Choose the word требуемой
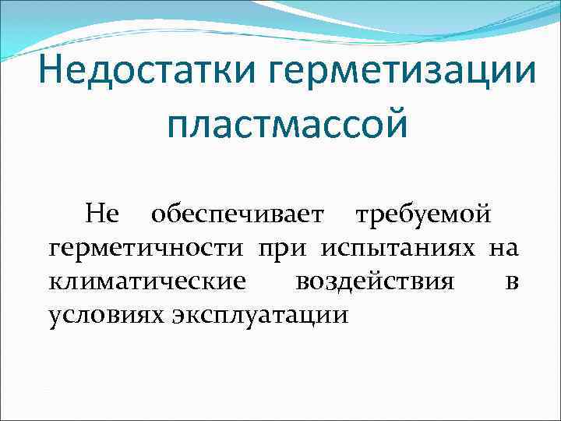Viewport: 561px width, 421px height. [x=422, y=213]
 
